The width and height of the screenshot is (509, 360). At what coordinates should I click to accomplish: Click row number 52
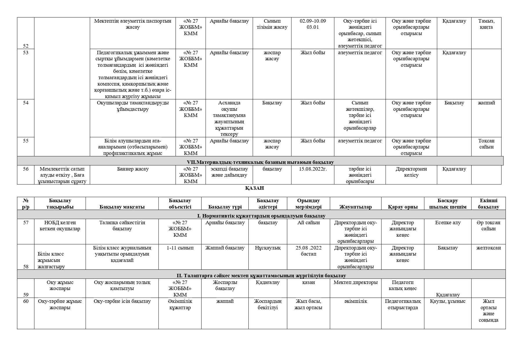click(x=26, y=46)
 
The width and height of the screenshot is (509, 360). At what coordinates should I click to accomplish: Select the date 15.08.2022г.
click(x=313, y=169)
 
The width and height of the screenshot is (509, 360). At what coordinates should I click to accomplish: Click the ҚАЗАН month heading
click(x=254, y=188)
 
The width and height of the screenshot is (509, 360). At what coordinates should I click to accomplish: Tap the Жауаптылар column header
click(x=355, y=207)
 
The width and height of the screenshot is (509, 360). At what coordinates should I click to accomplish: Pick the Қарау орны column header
click(x=402, y=207)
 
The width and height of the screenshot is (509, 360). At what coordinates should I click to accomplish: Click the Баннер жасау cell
click(x=133, y=169)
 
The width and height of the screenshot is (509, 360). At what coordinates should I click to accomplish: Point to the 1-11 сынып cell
click(x=180, y=248)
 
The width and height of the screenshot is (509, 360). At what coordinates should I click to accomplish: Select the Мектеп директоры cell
click(x=355, y=282)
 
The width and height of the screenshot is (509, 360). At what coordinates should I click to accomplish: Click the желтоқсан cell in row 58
click(x=488, y=248)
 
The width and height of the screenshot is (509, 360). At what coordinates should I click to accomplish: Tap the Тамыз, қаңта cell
click(x=486, y=24)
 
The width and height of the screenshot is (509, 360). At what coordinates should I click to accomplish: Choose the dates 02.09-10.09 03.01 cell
click(x=313, y=24)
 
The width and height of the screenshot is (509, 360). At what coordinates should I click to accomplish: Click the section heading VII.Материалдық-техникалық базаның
click(x=260, y=162)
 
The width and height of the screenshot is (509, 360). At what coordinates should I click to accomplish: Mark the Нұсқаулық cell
click(x=268, y=248)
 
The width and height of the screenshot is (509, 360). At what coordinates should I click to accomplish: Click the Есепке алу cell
click(x=447, y=223)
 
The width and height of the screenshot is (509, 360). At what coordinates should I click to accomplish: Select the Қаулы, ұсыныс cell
click(x=447, y=301)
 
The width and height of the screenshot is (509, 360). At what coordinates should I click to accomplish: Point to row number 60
click(x=26, y=301)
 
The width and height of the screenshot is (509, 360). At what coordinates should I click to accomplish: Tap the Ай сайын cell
click(x=308, y=223)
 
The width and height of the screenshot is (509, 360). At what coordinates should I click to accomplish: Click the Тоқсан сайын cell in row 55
click(x=486, y=144)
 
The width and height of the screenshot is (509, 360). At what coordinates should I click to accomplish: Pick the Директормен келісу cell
click(x=411, y=172)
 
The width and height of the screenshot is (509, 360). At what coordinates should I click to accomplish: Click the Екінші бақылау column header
click(x=488, y=204)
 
